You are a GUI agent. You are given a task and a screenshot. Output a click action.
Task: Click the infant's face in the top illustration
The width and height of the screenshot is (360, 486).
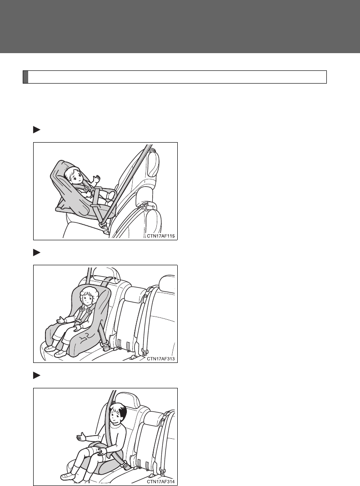(x=73, y=175)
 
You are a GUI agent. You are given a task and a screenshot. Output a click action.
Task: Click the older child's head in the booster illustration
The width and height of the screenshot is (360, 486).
(x=119, y=414)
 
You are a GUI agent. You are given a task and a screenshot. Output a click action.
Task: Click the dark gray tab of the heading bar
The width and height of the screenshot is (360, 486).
(x=25, y=77)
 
